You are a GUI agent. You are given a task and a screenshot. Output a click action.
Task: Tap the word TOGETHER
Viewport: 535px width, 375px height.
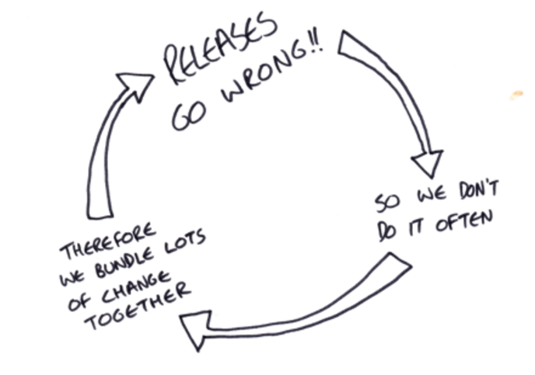coord(137,307)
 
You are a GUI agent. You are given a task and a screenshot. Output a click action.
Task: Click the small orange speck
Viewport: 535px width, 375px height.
coord(516,95)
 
